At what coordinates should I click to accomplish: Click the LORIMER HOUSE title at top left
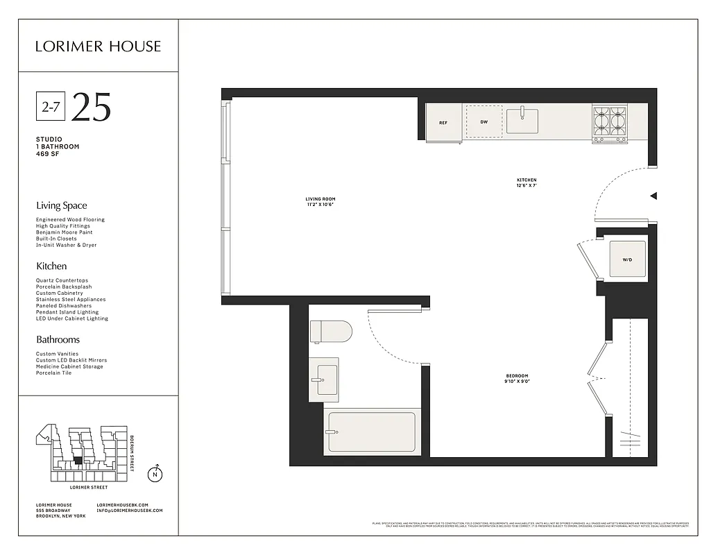(98, 46)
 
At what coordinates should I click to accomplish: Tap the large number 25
(91, 107)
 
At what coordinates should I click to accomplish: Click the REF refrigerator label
(443, 123)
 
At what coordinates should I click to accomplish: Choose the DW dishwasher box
(484, 122)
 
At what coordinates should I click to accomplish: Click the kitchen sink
(522, 121)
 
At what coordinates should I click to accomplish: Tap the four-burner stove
(610, 123)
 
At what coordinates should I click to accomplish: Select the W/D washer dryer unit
(627, 260)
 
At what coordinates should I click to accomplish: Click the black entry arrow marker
(653, 196)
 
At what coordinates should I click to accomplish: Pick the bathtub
(371, 432)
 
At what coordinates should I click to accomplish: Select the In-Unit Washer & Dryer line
(67, 245)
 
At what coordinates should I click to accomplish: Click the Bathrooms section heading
(58, 339)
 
